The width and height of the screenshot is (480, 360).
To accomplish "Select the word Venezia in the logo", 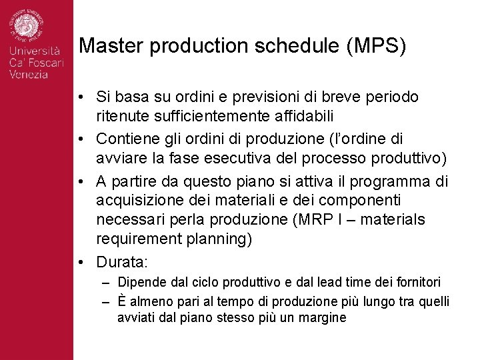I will [x=29, y=75].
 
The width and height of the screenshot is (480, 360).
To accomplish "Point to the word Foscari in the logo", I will [x=45, y=63].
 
